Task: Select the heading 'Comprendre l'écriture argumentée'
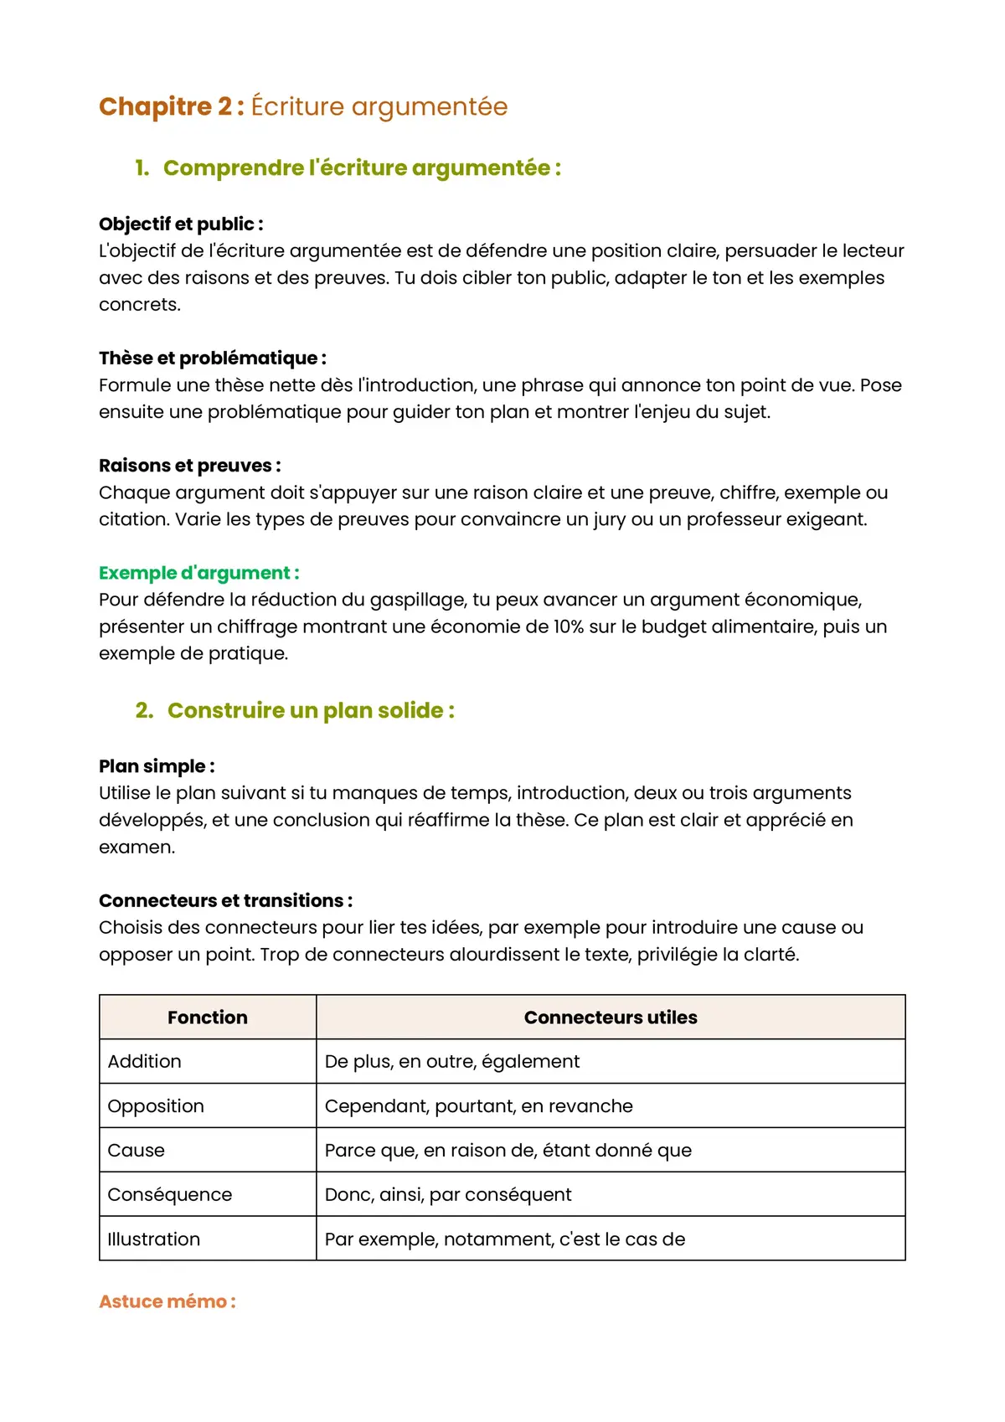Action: [361, 168]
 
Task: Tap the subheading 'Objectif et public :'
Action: [181, 224]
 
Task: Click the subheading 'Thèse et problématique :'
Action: [212, 358]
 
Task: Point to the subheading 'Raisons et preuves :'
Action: [189, 466]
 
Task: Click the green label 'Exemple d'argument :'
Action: [198, 573]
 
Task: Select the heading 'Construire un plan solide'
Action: [310, 711]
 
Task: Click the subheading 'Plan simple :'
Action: [157, 766]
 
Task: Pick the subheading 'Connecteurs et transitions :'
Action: [225, 901]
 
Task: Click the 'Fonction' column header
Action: [208, 1018]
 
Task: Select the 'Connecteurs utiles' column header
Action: [611, 1018]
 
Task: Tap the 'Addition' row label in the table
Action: [144, 1062]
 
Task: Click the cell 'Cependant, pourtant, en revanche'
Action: [478, 1106]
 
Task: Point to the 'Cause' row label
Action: [136, 1151]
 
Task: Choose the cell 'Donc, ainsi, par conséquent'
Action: [448, 1195]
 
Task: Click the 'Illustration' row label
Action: [153, 1239]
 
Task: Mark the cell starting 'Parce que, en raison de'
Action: [508, 1151]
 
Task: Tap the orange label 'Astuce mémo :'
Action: [167, 1302]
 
